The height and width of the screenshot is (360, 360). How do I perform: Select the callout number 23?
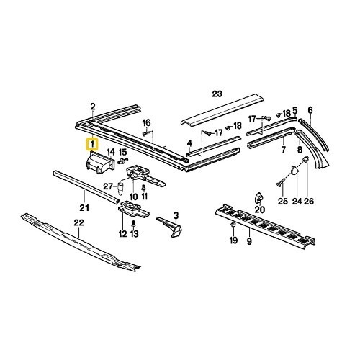(216, 93)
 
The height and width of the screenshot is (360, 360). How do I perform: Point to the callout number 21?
(84, 209)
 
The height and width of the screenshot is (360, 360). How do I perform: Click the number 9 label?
(249, 242)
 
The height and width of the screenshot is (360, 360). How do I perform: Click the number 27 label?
(107, 187)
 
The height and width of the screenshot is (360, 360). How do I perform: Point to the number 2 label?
(92, 107)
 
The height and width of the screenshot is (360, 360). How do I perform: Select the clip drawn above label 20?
(258, 196)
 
